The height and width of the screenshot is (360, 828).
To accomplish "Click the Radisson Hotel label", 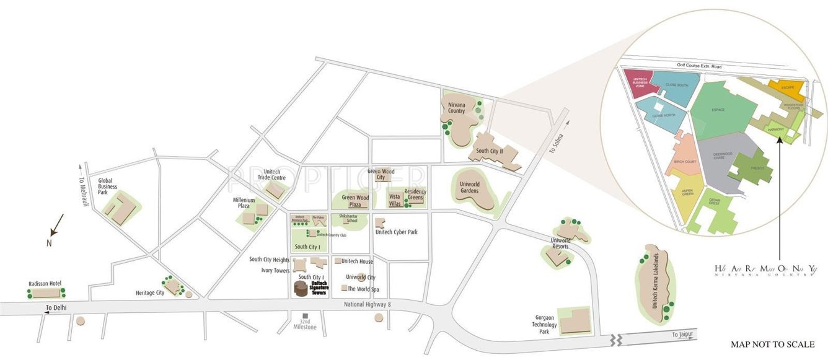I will click(45, 283).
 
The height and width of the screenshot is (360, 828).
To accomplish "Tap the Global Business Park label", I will click(107, 187).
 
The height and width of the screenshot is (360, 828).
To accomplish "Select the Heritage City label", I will click(150, 292).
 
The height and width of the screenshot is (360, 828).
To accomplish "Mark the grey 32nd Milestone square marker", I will click(305, 316).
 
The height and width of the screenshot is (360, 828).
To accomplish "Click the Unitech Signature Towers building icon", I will click(301, 289).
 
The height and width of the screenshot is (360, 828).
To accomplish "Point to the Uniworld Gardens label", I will click(469, 188).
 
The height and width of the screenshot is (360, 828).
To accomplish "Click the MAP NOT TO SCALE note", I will click(772, 345).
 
